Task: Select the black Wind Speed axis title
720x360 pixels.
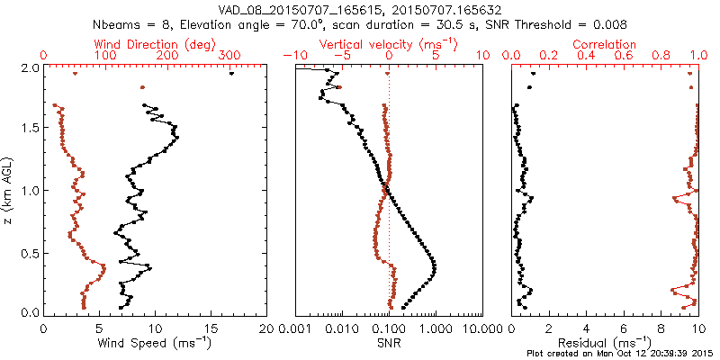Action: point(155,343)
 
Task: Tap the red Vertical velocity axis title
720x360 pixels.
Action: point(388,44)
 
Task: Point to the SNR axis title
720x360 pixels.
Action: point(388,343)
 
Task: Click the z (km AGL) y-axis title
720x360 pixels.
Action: point(8,191)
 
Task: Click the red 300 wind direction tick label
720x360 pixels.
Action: point(230,56)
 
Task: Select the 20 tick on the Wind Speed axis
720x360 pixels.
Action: point(265,328)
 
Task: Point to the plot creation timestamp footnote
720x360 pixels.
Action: point(621,353)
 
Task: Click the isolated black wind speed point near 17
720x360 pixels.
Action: point(231,74)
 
